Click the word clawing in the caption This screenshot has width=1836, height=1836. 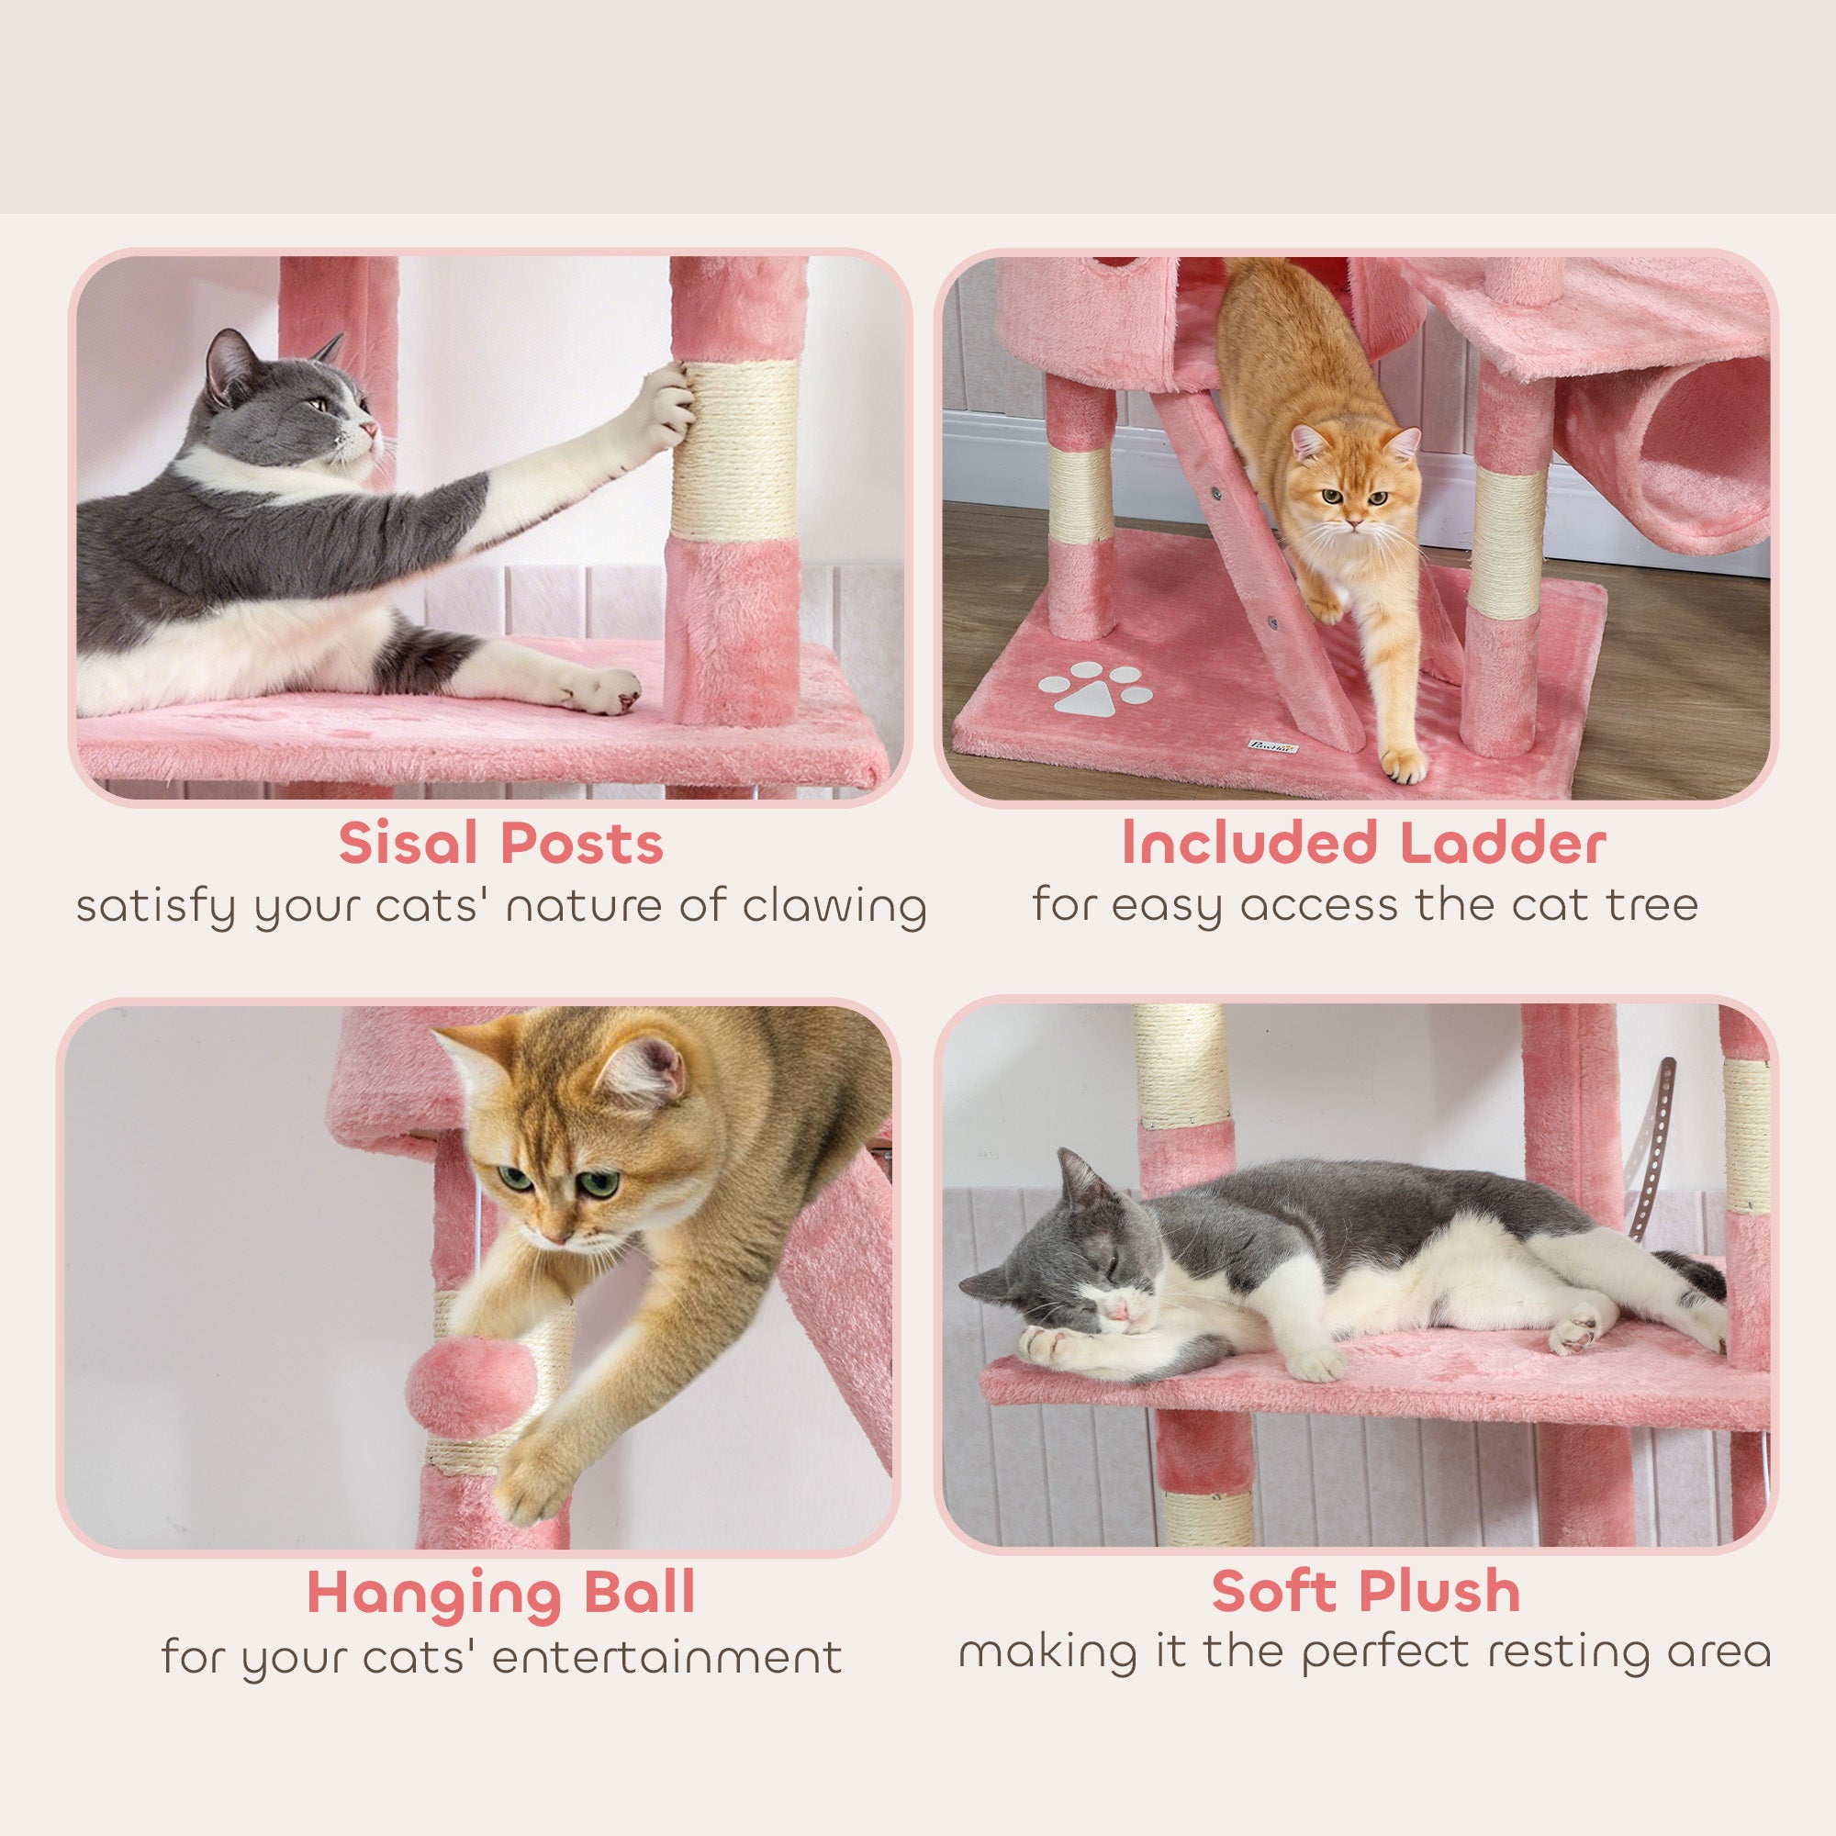834,908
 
